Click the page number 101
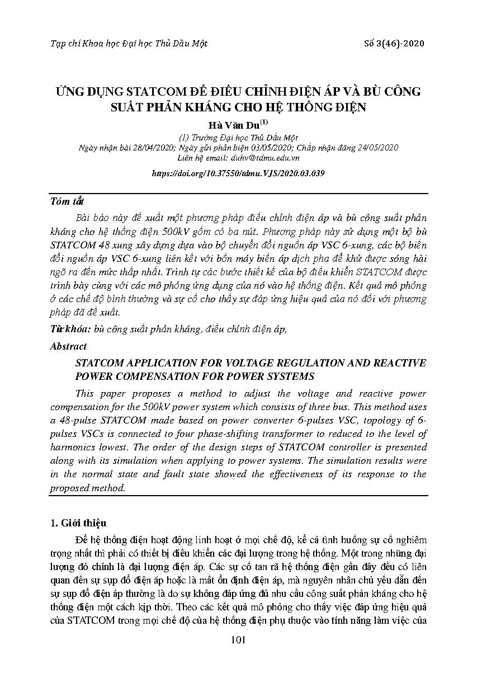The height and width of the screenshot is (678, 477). [x=238, y=640]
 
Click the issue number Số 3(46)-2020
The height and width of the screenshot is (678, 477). [x=394, y=44]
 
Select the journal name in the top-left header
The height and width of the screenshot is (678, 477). [x=129, y=44]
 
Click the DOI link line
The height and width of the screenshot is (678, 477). [x=238, y=173]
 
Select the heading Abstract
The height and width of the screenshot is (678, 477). [x=68, y=346]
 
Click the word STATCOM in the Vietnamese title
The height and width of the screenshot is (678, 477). [x=158, y=92]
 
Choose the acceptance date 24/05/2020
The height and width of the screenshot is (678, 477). [x=376, y=148]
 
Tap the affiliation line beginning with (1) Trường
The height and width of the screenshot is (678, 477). [x=238, y=138]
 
